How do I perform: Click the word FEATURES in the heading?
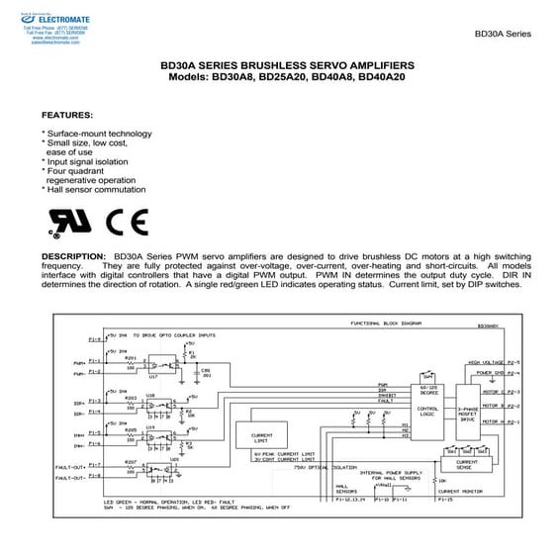tap(68, 114)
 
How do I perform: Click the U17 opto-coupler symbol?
tap(152, 368)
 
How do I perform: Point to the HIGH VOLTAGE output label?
tap(487, 361)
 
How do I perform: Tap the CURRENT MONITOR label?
tap(465, 491)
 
